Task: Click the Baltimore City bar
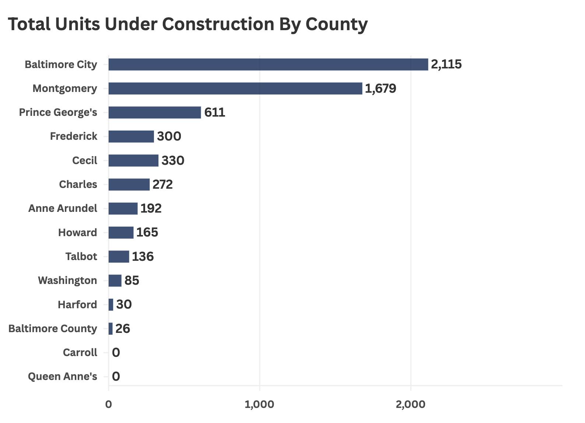pos(268,64)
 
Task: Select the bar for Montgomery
pos(235,88)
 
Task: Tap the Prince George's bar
pos(155,112)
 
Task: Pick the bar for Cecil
pos(133,160)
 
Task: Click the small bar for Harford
pos(111,305)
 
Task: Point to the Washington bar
pos(115,281)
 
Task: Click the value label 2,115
pos(446,64)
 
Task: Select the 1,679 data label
pos(381,88)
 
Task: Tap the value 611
pos(214,112)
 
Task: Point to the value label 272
pos(162,184)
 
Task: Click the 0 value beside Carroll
pos(116,353)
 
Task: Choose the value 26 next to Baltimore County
pos(123,328)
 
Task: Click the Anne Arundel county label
pos(63,208)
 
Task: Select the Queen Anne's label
pos(63,377)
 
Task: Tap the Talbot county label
pos(81,256)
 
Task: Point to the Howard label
pos(78,232)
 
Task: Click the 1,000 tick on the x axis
pos(259,404)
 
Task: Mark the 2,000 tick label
pos(410,404)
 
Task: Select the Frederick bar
pos(131,136)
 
